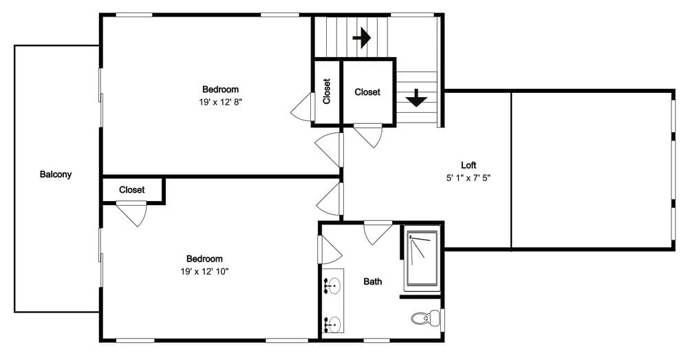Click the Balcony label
tap(55, 174)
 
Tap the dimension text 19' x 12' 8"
tap(221, 101)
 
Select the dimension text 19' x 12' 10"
tap(204, 271)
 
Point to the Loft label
tap(469, 165)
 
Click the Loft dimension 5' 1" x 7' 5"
tap(469, 177)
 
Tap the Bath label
tap(373, 281)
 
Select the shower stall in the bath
tap(421, 258)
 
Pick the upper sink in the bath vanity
tap(334, 284)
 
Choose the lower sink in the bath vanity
tap(334, 322)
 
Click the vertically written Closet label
tap(326, 91)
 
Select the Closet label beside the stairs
tap(367, 92)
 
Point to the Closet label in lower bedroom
tap(131, 189)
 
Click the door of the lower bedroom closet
tap(133, 213)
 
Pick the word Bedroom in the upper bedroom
tap(221, 89)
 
